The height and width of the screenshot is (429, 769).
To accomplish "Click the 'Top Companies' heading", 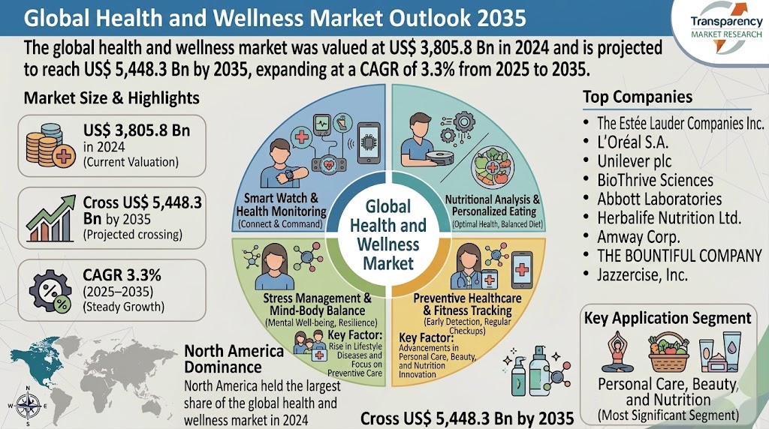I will [x=638, y=97].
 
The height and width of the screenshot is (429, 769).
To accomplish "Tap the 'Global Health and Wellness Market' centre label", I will [x=388, y=234].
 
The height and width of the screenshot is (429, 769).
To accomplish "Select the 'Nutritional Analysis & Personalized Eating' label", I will [x=493, y=205].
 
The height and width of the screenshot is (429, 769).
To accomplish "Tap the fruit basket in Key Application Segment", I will [x=667, y=352].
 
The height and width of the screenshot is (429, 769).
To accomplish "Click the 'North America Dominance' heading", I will [x=234, y=358].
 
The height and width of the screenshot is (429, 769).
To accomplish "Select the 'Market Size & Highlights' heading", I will [x=112, y=98].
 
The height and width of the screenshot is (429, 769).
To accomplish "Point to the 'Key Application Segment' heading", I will [x=668, y=317].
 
